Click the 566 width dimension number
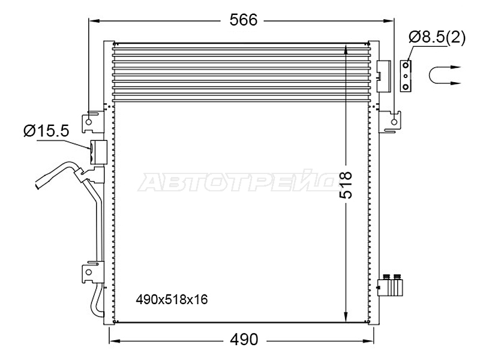(244, 20)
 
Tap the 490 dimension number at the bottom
(244, 339)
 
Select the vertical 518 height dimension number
(346, 185)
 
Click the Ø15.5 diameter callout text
(47, 131)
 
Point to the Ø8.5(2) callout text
(437, 38)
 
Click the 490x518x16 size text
(172, 299)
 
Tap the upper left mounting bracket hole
(88, 122)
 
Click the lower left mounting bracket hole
(89, 272)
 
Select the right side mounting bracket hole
(394, 122)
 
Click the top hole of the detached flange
(406, 65)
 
